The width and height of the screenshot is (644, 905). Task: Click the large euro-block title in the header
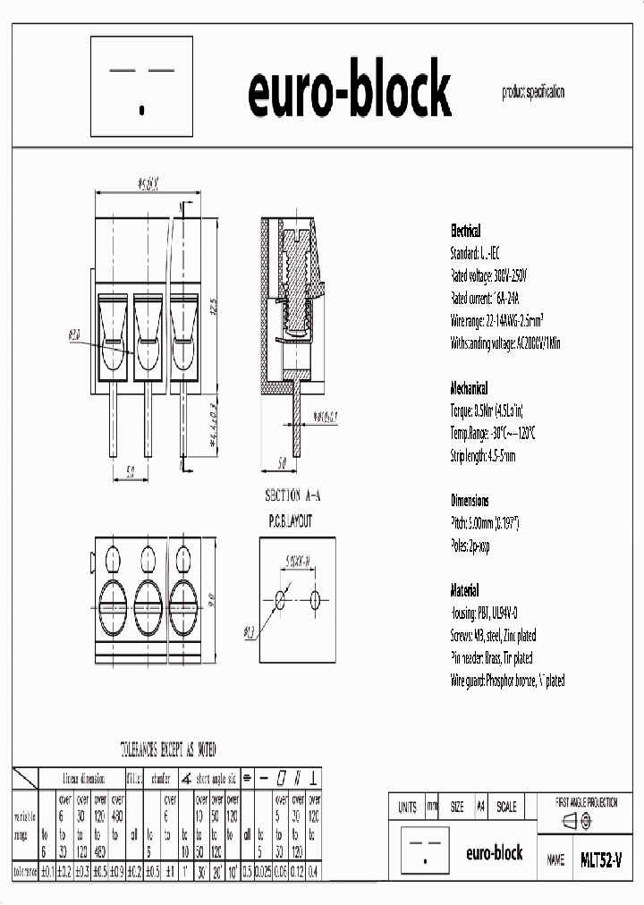(349, 93)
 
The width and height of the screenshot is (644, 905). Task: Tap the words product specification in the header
(533, 92)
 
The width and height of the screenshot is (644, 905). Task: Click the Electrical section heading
(465, 230)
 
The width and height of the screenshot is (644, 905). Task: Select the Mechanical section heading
(469, 389)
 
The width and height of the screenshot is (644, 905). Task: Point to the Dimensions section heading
(470, 501)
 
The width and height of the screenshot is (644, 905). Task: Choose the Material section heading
(464, 591)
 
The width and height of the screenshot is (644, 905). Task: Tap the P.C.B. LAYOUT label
(291, 520)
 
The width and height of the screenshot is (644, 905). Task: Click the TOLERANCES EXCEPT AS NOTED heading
(168, 749)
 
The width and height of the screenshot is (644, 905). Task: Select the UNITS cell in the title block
(407, 807)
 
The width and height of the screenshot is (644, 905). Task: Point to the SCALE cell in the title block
(506, 807)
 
